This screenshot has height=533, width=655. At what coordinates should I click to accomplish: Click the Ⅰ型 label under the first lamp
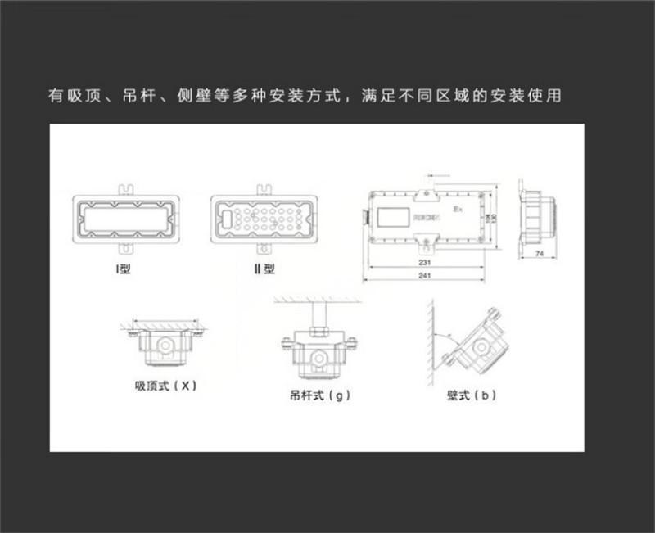coord(123,269)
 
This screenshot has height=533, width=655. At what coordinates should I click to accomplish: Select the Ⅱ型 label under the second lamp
coord(264,269)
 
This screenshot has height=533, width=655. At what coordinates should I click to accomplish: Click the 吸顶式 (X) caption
coord(165,385)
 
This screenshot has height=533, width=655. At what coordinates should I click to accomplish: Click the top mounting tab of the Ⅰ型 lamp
coord(123,189)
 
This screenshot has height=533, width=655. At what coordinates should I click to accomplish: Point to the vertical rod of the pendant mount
coord(320,316)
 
